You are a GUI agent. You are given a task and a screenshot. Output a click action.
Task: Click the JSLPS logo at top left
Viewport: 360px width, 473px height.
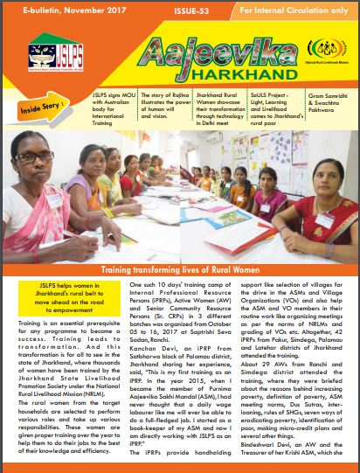pyautogui.click(x=48, y=59)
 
